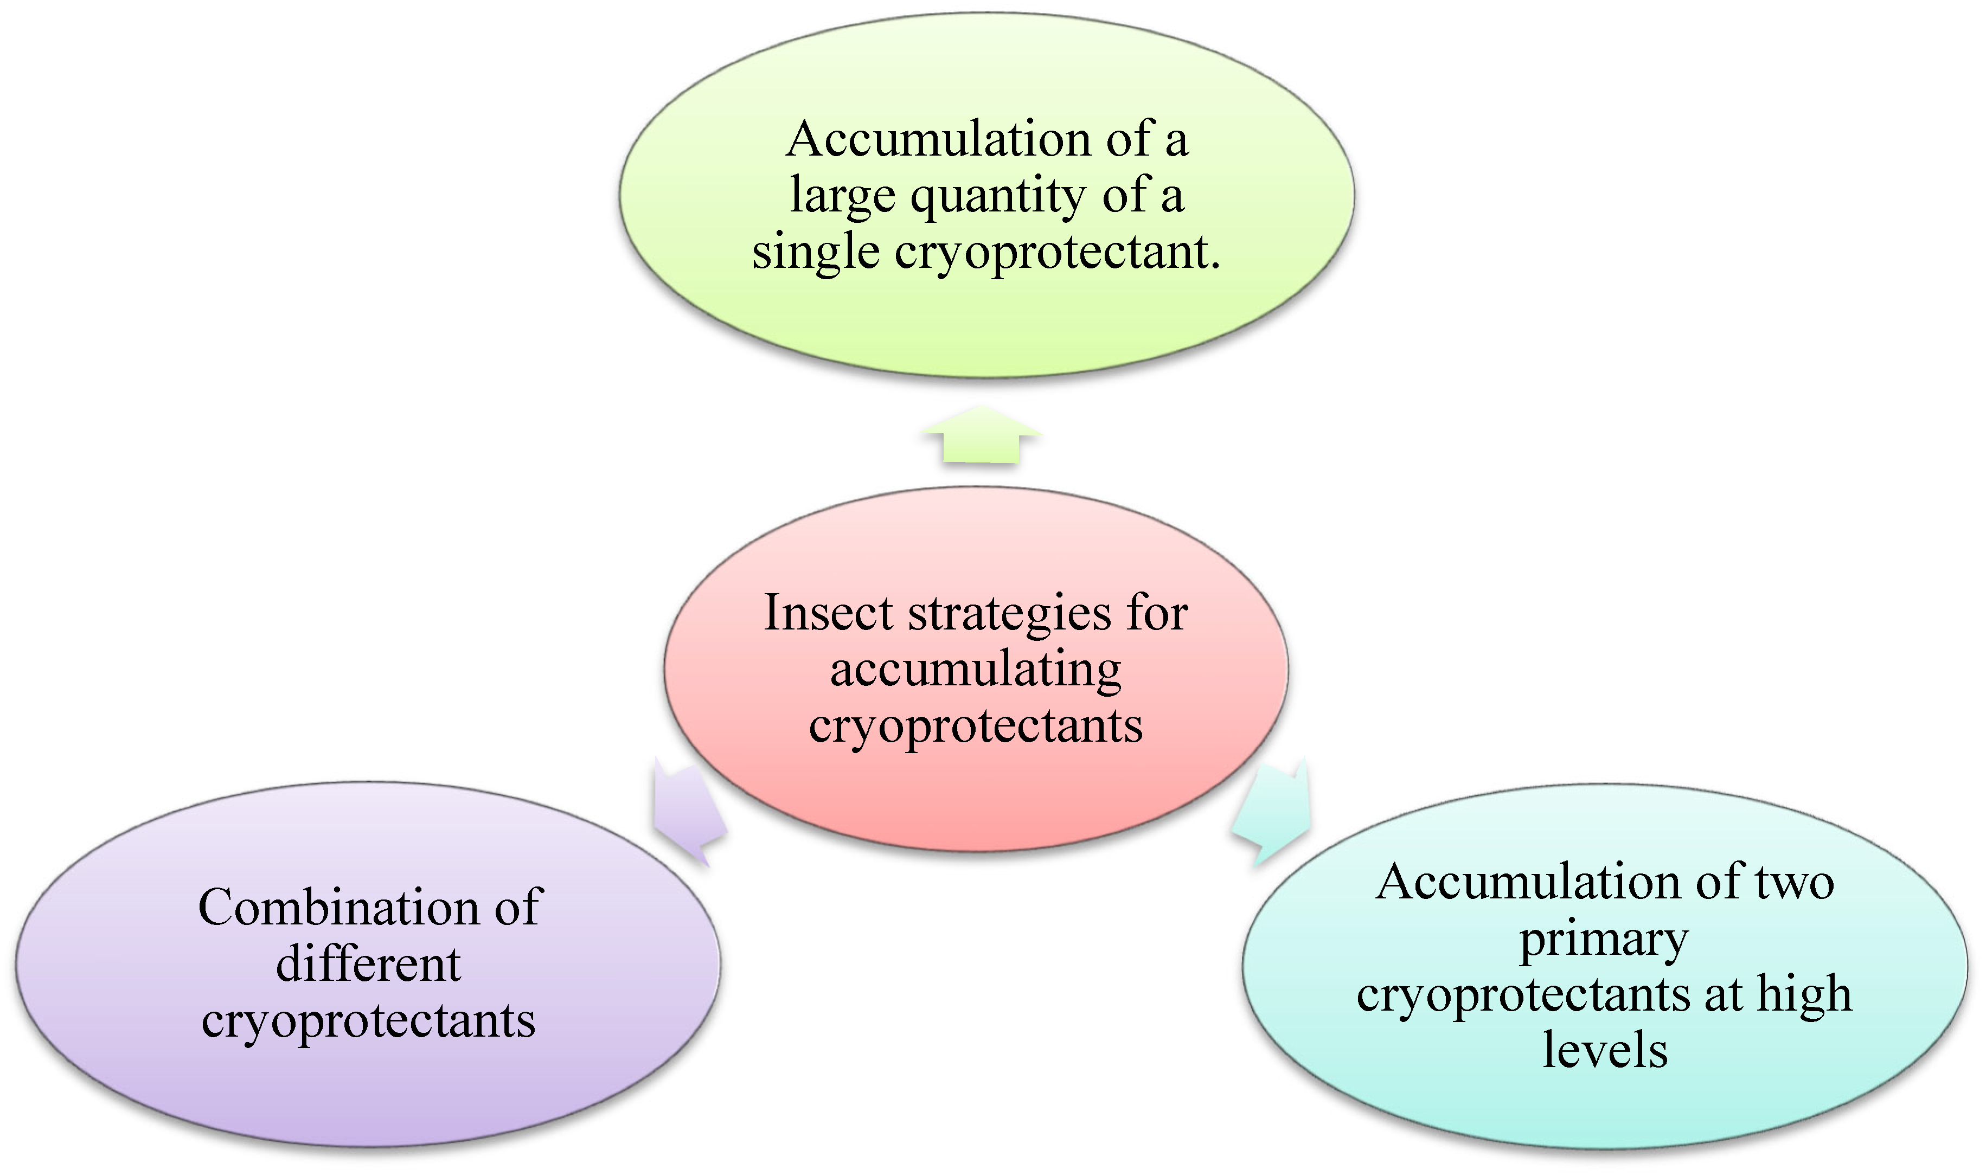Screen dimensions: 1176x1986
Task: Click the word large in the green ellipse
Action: tap(842, 196)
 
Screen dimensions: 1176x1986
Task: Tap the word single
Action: tap(816, 254)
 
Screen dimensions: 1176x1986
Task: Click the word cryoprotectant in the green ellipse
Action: tap(1054, 254)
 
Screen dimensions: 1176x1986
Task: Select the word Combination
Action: tap(338, 908)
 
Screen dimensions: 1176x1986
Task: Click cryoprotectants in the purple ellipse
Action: tap(369, 1021)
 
